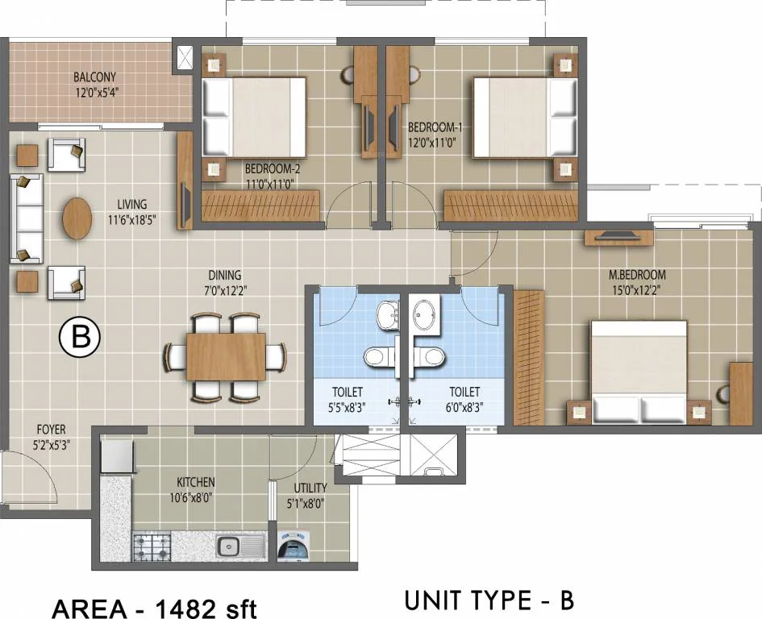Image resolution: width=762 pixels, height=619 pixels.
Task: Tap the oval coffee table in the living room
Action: pos(77,218)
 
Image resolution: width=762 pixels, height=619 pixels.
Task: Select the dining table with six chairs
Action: pos(225,356)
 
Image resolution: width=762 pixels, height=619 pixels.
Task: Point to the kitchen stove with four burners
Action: pos(154,548)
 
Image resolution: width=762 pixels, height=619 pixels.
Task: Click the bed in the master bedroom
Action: pos(639,372)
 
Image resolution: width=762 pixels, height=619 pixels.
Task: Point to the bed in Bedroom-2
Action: pos(254,117)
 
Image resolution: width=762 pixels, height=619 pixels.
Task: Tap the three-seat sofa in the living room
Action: pos(26,218)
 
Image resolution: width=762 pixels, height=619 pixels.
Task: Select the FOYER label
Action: pos(50,430)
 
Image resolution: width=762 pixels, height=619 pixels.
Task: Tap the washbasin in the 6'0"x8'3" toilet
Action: pos(426,314)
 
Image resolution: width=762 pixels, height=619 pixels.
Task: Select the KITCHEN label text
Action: pos(196,482)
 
